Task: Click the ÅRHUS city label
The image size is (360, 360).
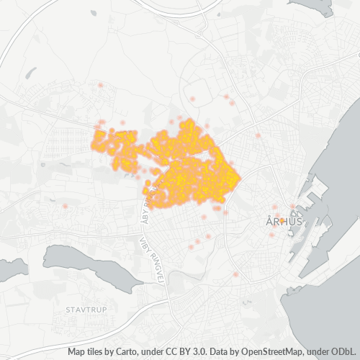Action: coord(283,222)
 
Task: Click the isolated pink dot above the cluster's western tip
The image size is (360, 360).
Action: coord(100,86)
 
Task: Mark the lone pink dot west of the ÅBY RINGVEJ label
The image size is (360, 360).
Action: coord(66,206)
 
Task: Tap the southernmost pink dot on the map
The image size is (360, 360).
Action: coord(235,275)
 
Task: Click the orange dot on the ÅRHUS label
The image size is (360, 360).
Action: coord(282,220)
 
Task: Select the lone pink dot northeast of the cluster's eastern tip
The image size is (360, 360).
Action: coord(258,135)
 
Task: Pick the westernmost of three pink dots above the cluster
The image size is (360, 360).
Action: coord(192,99)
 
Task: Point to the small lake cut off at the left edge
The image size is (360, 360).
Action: coord(9,269)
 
